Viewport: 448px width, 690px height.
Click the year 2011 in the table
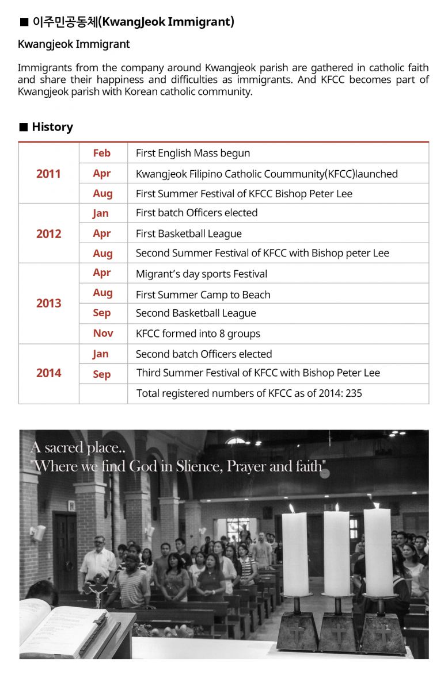[48, 174]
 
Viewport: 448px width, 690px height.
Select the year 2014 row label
[48, 373]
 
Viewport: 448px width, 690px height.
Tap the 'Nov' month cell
[103, 333]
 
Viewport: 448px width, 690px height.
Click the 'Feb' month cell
[101, 153]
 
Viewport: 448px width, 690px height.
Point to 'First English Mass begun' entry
[192, 154]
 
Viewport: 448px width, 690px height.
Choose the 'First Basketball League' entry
[188, 233]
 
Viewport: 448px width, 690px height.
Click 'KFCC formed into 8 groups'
[198, 333]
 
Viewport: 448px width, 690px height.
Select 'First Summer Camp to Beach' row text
[203, 294]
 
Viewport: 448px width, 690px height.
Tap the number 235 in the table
[354, 393]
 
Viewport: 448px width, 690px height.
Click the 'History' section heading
[52, 127]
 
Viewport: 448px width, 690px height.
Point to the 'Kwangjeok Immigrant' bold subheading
[74, 44]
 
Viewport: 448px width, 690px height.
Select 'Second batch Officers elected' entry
[203, 354]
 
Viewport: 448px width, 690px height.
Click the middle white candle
[336, 552]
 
